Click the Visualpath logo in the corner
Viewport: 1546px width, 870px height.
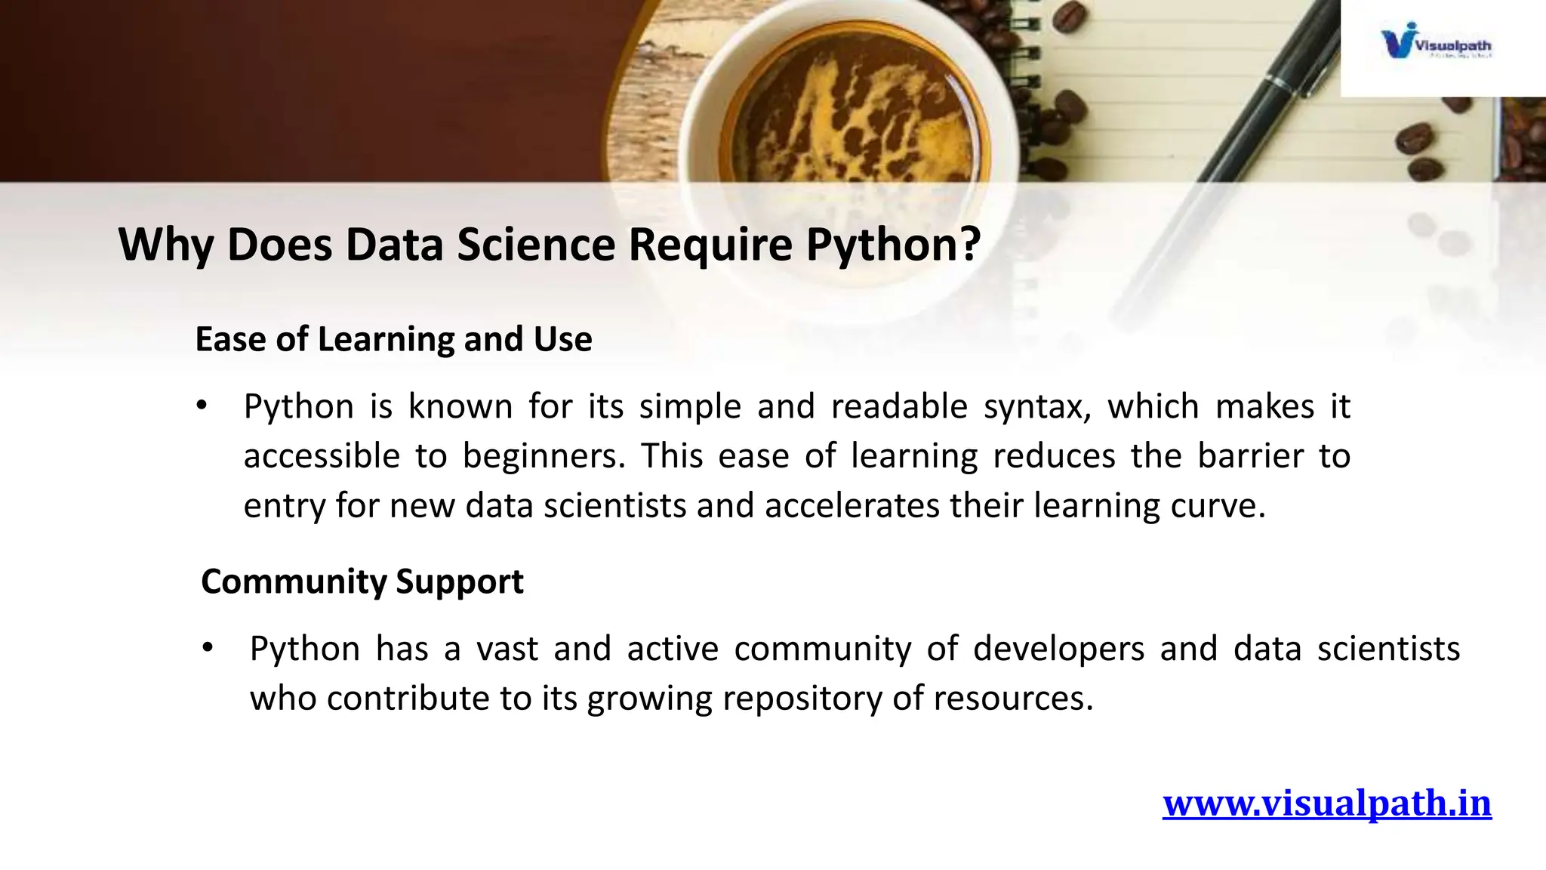[x=1435, y=45]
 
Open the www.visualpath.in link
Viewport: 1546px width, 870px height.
[x=1326, y=803]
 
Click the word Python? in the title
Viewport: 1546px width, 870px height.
[x=893, y=245]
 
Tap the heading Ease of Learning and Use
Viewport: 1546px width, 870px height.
[x=393, y=339]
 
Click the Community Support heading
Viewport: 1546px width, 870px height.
[x=362, y=582]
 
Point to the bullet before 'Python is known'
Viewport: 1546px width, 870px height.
[x=201, y=407]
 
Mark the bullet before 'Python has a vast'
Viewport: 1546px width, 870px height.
[x=208, y=649]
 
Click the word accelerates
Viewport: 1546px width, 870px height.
[x=852, y=506]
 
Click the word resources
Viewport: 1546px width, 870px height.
[x=1013, y=699]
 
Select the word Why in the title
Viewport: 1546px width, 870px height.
[x=165, y=245]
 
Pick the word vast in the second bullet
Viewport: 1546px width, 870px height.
[x=507, y=649]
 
